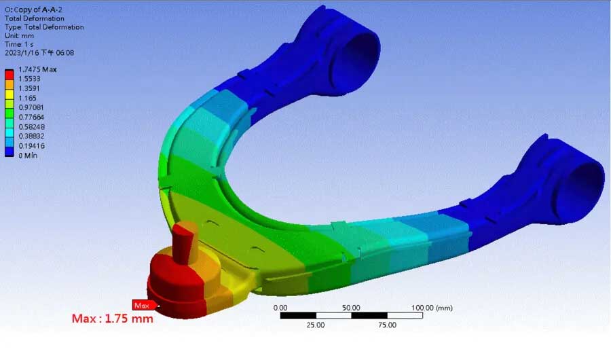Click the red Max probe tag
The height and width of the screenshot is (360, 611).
pos(141,305)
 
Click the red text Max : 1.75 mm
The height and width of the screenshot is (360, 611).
pos(113,319)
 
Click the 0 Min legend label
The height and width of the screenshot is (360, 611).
pos(28,156)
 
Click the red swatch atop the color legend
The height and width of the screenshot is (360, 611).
pos(10,73)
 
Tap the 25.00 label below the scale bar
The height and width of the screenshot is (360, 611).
pos(316,325)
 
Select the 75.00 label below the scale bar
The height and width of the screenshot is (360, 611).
pos(387,325)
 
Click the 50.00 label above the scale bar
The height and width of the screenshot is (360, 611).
pos(351,308)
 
